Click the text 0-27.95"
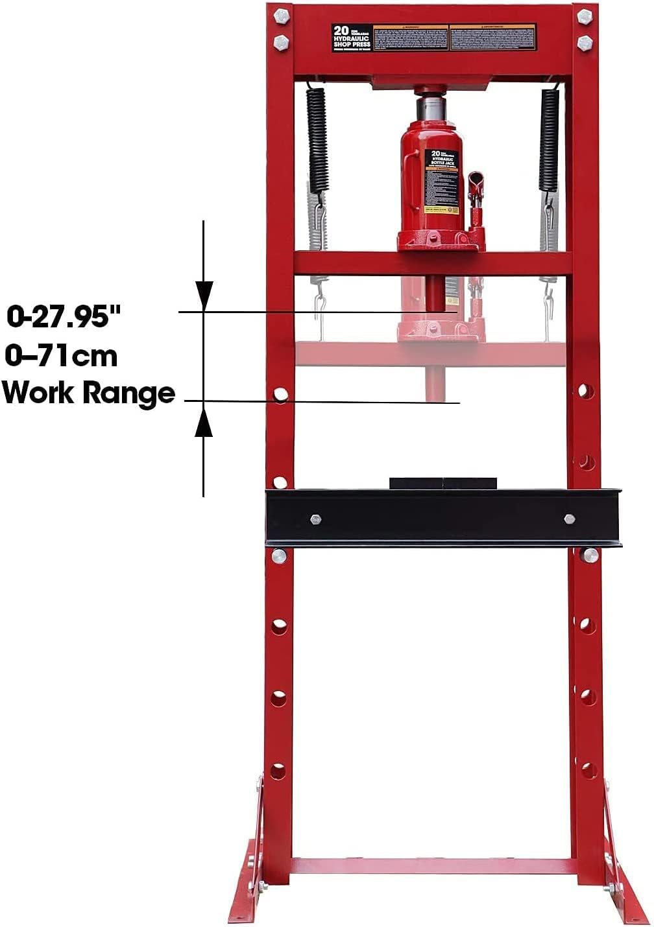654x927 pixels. pos(64,317)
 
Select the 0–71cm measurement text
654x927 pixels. pos(62,356)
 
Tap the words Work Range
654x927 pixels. pos(89,393)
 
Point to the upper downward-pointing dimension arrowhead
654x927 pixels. pos(204,295)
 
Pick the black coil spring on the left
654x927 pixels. pos(316,139)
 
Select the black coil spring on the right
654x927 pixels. pos(549,139)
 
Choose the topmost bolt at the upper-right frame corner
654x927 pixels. pos(585,16)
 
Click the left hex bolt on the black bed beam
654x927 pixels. pos(316,519)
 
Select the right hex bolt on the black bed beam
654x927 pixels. pos(569,519)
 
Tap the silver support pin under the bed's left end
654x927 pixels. pos(279,555)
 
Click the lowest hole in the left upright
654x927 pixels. pos(279,771)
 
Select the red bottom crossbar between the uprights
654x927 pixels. pos(431,866)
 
